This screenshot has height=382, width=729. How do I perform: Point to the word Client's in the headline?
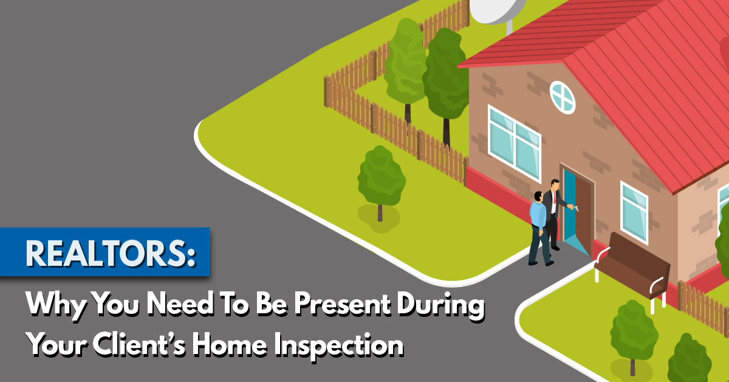[139, 344]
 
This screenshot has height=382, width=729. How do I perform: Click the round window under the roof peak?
[563, 97]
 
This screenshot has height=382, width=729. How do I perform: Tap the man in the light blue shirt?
[540, 228]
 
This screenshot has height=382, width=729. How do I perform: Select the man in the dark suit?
[555, 214]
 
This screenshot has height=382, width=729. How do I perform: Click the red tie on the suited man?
[554, 198]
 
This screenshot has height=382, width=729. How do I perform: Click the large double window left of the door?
[515, 144]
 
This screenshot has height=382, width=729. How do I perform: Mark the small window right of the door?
[634, 212]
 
